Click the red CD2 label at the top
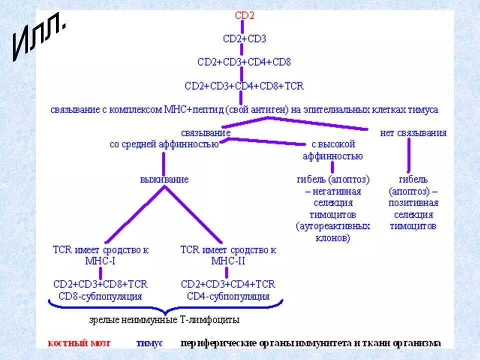(x=244, y=15)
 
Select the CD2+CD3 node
(x=244, y=39)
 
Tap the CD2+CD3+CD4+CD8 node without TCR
(x=244, y=62)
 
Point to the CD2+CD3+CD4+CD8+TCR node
(x=244, y=85)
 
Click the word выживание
(x=164, y=179)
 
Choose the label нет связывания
(x=413, y=133)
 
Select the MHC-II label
(x=228, y=260)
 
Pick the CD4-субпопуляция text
(x=228, y=296)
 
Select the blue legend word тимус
(x=149, y=343)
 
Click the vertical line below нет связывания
(x=409, y=155)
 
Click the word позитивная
(x=413, y=203)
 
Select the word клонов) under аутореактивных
(x=332, y=238)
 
